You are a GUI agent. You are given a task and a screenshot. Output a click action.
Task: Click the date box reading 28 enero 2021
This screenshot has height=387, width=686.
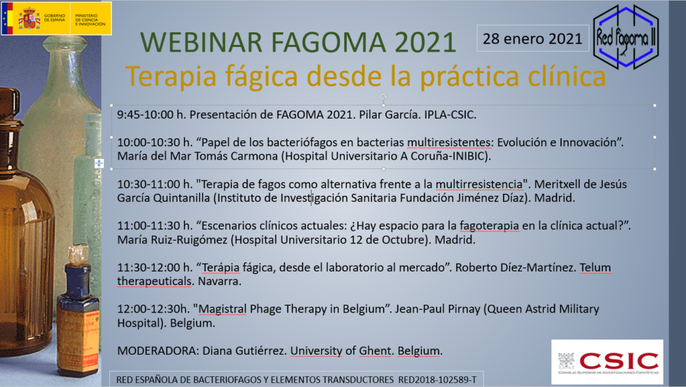533,38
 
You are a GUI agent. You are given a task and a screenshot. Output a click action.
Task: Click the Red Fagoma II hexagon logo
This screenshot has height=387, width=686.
626,37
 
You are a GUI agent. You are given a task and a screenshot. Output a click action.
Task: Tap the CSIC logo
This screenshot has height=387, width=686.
607,362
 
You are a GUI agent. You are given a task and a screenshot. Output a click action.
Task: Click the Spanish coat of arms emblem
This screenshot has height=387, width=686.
29,18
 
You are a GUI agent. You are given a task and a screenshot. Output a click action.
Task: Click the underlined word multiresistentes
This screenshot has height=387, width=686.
449,142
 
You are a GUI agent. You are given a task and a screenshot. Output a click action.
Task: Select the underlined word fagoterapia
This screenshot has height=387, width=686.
489,226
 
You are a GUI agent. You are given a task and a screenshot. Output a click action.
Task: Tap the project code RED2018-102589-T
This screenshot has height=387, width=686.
437,380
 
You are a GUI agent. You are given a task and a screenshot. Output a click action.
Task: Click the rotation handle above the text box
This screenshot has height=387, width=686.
383,97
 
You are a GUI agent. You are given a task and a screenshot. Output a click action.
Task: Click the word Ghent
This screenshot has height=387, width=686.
375,351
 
